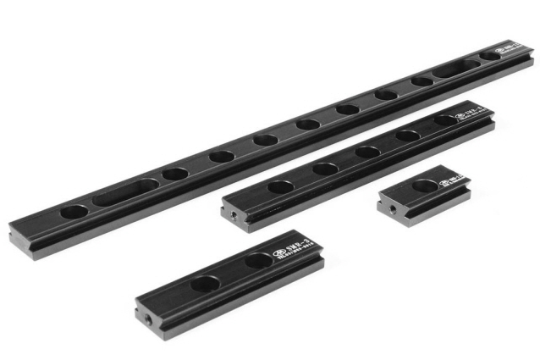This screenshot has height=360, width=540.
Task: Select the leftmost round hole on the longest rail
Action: (x=73, y=211)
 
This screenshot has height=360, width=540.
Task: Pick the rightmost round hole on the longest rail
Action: (x=492, y=56)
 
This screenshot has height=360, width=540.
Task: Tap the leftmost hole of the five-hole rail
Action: (x=280, y=186)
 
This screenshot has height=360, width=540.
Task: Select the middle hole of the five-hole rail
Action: (x=367, y=152)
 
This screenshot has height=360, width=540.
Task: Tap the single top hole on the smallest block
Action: (x=422, y=184)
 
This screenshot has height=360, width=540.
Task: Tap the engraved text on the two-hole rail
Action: (x=293, y=253)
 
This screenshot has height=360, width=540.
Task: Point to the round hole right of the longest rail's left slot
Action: (x=174, y=174)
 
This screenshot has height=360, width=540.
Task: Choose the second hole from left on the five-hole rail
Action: (x=326, y=169)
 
